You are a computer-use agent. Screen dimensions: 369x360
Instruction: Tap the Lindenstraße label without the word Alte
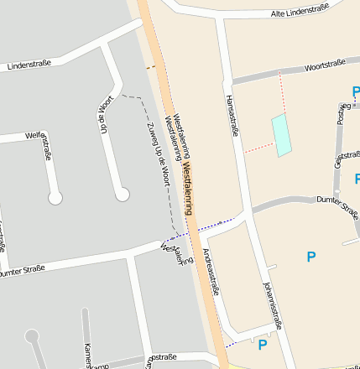coord(29,64)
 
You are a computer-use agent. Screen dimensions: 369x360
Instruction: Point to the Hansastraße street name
coord(232,116)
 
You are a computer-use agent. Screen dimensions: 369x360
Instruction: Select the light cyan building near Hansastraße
coord(281,135)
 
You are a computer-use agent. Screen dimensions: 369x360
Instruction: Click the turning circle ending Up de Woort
coord(123,195)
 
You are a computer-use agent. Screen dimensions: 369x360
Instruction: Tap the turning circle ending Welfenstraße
coord(55,198)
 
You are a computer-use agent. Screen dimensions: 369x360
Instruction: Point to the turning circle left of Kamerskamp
coord(33,336)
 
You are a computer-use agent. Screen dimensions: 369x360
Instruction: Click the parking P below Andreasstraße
coord(263,345)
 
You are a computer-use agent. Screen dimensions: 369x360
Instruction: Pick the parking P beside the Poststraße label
coord(356,92)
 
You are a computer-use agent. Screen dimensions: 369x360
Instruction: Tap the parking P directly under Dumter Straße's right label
coord(311,257)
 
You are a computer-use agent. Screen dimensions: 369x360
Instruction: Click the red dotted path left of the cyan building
coord(258,148)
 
